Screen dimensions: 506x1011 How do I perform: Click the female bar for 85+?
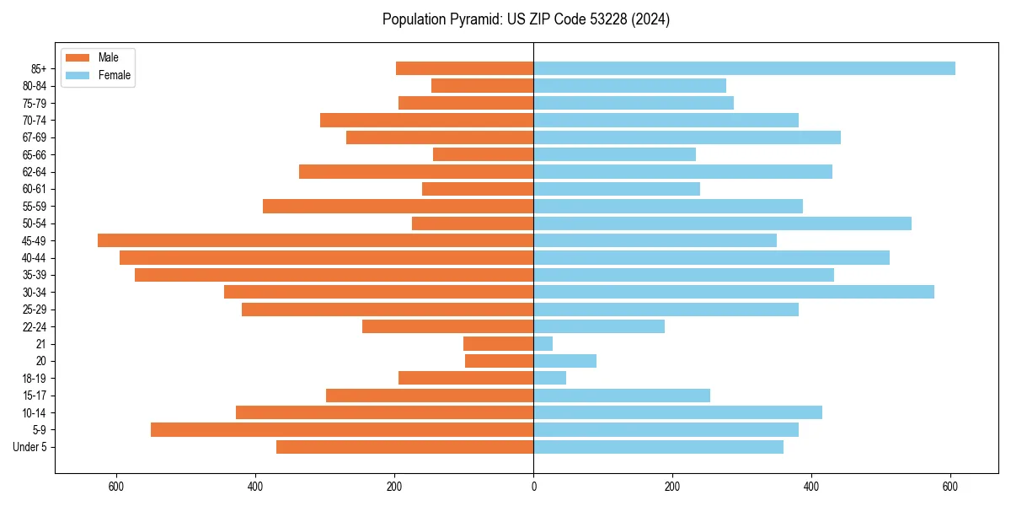click(744, 68)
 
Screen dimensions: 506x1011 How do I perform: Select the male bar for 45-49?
click(316, 240)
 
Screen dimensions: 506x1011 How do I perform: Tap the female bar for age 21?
click(543, 344)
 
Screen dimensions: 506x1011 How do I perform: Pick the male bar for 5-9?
click(342, 430)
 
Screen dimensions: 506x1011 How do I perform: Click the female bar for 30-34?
click(734, 292)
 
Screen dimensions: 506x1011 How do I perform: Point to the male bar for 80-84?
click(483, 86)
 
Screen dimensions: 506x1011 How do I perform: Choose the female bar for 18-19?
click(550, 378)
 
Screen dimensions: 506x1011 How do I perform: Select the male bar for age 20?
click(500, 361)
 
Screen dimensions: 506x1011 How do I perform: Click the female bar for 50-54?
click(722, 223)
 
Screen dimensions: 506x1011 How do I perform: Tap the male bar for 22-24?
click(448, 326)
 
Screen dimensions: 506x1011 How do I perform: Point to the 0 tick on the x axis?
click(533, 487)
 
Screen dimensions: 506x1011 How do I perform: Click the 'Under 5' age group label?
click(30, 447)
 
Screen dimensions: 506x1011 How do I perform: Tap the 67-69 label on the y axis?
click(35, 137)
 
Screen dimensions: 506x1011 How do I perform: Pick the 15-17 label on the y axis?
click(35, 396)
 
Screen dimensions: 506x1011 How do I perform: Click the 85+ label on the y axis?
click(38, 68)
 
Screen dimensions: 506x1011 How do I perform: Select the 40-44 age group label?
click(35, 258)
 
